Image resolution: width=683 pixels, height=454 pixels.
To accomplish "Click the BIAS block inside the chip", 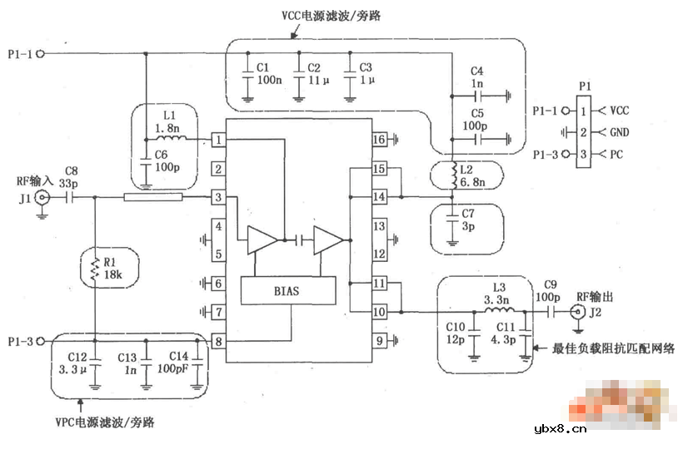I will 287,291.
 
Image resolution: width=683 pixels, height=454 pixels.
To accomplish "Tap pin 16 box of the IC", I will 379,141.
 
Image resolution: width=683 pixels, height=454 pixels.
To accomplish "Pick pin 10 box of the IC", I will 379,312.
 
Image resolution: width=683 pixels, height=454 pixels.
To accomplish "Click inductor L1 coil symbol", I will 177,139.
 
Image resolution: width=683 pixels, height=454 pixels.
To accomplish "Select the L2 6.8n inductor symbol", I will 453,176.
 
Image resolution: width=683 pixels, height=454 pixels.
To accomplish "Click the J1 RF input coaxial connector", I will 42,198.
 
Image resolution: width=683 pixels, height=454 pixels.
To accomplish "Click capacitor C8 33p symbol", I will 71,198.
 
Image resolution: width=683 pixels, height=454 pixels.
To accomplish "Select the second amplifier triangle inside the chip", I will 328,241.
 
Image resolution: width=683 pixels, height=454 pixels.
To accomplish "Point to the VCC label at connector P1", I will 620,110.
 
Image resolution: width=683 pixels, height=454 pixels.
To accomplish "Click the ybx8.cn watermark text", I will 558,429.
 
